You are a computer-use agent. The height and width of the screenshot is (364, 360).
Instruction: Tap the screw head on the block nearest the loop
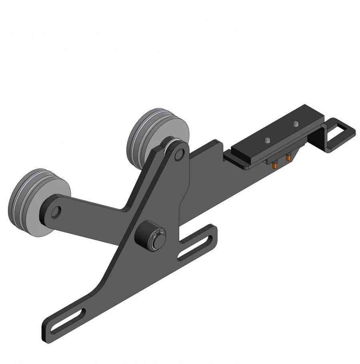point(296,123)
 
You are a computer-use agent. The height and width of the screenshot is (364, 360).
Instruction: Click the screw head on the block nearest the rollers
point(267,140)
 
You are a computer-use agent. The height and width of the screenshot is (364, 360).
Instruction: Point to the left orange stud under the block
point(275,164)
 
